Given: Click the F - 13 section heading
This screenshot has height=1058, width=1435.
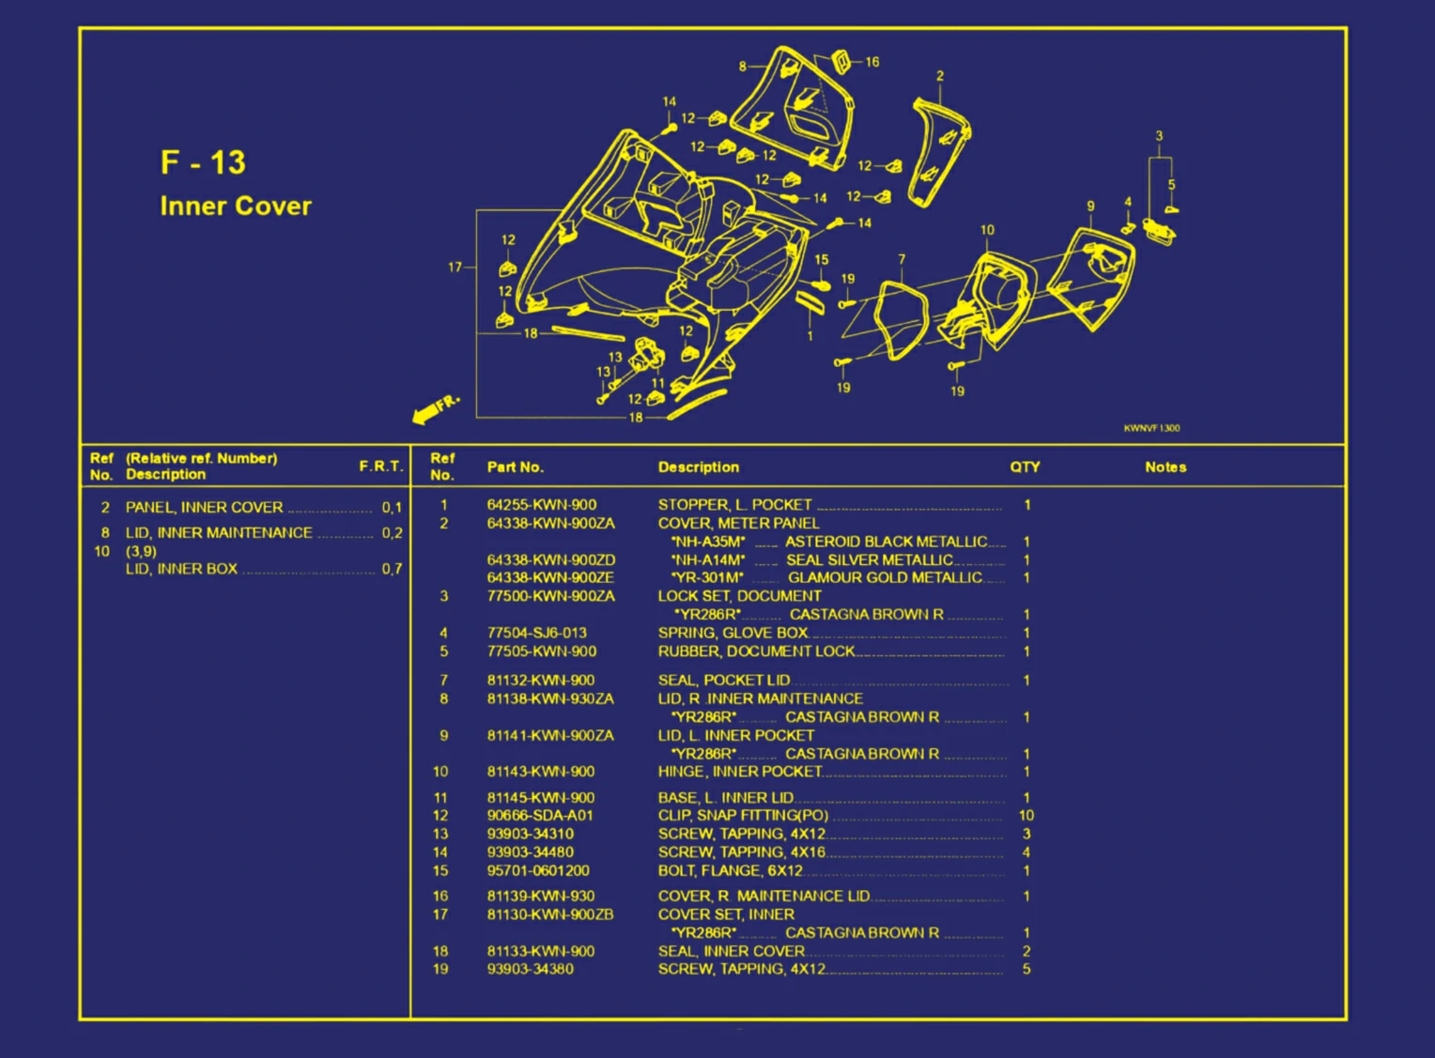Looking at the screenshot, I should point(203,162).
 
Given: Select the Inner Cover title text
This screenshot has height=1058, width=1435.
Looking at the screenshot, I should point(235,206).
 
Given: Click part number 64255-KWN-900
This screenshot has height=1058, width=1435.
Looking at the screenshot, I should point(541,505).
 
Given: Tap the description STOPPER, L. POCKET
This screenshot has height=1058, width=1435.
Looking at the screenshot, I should point(734,505).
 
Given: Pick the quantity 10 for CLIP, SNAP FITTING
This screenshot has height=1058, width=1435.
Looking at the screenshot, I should point(1026,816).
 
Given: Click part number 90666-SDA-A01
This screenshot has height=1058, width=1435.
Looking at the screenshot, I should point(539,816).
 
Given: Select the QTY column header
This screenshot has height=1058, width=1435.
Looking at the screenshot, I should point(1025,467).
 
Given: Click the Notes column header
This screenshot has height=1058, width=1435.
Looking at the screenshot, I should point(1165,467).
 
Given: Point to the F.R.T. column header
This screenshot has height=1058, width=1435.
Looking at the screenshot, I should point(380,467).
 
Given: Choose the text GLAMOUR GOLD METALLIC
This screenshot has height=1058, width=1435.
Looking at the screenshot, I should point(884,578).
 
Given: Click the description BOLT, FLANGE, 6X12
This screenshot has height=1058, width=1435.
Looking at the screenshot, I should point(730,871).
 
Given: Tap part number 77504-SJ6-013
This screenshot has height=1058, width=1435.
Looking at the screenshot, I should point(536,633).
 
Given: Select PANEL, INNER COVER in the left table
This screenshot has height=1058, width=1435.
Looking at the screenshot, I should point(204,507).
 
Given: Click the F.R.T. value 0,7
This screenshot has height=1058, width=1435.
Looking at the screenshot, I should point(392,569).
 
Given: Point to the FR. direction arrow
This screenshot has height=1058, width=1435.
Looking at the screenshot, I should point(434,408).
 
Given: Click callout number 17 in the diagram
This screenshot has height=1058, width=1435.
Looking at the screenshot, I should point(455,268).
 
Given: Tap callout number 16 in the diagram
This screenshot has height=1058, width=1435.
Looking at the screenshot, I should point(872,62).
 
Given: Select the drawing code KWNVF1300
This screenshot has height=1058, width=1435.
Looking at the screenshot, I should point(1151,428).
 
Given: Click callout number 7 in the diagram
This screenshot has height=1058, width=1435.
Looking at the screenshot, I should point(902,259).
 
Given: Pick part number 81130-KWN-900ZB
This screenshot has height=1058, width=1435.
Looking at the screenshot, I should point(549,914).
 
